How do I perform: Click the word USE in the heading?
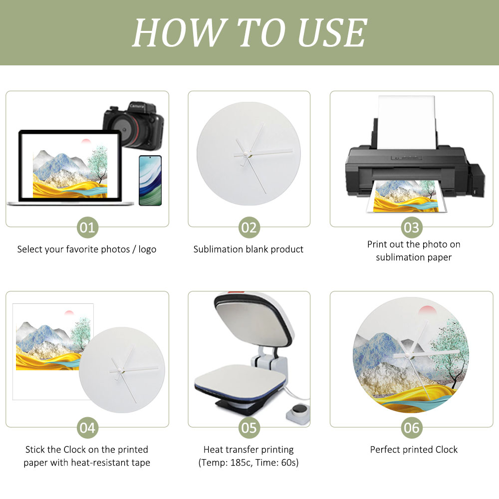(332, 32)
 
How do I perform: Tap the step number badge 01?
(87, 228)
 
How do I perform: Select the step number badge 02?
(249, 228)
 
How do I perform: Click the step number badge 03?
(412, 228)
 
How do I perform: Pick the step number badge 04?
(87, 428)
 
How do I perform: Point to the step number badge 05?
(249, 428)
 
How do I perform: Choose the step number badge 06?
(412, 428)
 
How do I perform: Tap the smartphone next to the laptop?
(150, 181)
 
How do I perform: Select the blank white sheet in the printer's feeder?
(407, 123)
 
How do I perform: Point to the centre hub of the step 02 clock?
(246, 154)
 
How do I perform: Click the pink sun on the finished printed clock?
(427, 310)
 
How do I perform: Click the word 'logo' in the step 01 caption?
(147, 249)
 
